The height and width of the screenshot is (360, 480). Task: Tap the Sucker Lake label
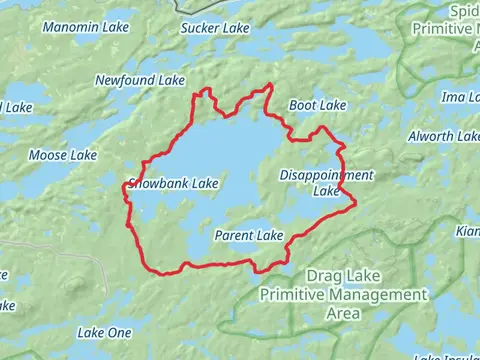214,29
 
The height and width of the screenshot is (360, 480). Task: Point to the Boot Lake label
317,105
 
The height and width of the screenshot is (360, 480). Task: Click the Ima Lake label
460,97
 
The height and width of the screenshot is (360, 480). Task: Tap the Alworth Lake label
444,136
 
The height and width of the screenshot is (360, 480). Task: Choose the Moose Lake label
63,155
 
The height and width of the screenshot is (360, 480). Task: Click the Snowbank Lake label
174,184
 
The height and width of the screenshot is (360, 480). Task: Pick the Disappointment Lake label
326,182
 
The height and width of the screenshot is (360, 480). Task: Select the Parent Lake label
249,236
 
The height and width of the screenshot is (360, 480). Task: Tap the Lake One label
104,332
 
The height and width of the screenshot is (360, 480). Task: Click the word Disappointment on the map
326,175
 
